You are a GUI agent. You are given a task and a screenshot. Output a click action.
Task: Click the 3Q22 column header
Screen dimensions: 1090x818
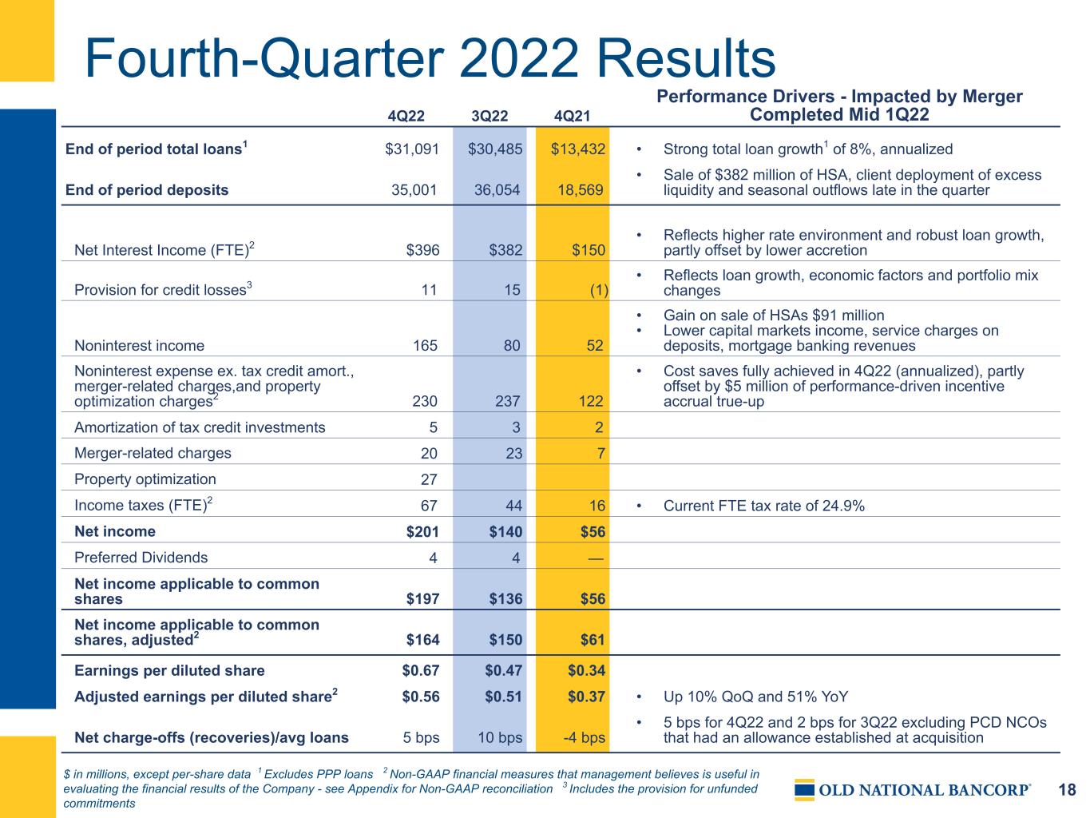(x=490, y=116)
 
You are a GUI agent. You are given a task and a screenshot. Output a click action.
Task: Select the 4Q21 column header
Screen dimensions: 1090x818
(x=572, y=116)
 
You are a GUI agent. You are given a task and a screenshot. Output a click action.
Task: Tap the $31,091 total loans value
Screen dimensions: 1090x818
(x=412, y=149)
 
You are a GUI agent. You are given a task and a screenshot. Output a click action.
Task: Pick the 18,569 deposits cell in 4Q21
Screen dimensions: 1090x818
(x=580, y=190)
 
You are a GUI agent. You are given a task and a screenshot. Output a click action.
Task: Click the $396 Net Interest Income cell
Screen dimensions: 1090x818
(x=422, y=250)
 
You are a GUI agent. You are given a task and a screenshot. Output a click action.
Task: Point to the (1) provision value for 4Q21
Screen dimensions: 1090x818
(x=599, y=290)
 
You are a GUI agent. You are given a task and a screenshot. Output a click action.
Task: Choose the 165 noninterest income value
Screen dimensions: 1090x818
(x=425, y=346)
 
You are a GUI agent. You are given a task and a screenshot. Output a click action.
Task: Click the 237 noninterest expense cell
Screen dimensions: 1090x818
(x=508, y=401)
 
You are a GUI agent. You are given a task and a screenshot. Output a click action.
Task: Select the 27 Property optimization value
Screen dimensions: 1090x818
(x=429, y=479)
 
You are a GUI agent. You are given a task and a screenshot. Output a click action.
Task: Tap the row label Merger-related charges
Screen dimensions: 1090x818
(x=153, y=453)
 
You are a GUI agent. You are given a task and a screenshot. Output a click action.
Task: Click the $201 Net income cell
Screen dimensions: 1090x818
(x=422, y=531)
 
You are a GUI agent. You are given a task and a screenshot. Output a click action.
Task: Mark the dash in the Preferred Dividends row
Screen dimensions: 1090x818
(x=596, y=558)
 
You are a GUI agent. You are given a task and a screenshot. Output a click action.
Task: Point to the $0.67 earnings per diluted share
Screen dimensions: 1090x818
(x=421, y=670)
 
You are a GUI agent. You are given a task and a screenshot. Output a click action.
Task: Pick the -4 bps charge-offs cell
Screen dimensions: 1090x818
(x=584, y=737)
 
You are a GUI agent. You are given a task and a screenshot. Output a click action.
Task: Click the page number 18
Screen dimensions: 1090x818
(x=1067, y=790)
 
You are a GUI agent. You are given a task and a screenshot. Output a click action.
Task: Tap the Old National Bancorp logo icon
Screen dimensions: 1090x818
(x=804, y=790)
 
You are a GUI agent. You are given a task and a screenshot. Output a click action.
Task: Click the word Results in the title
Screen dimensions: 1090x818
(x=686, y=58)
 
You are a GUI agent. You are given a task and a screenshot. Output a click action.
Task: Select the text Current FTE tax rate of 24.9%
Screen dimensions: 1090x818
(x=763, y=506)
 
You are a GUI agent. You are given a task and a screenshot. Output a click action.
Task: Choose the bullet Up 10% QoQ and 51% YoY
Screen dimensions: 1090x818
(x=755, y=697)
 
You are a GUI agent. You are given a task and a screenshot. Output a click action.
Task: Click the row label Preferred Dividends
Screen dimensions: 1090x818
(x=141, y=558)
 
